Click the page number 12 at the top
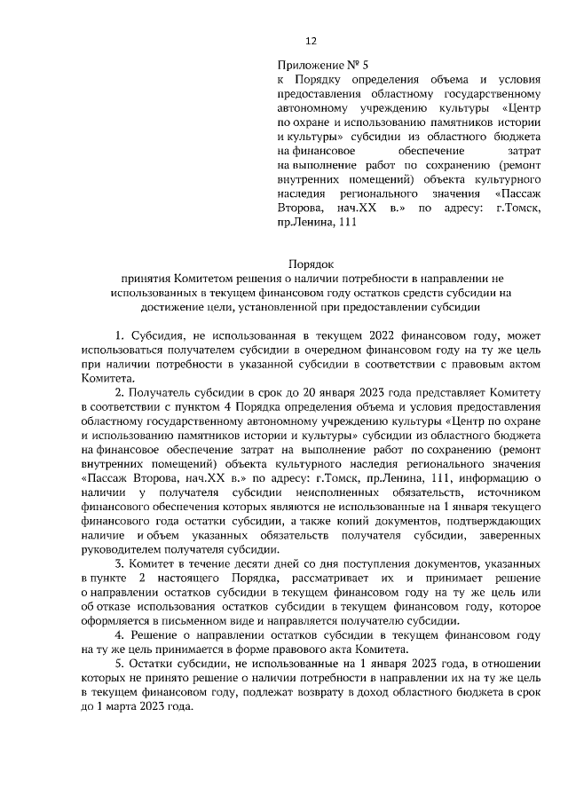(311, 41)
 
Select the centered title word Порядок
(310, 263)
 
